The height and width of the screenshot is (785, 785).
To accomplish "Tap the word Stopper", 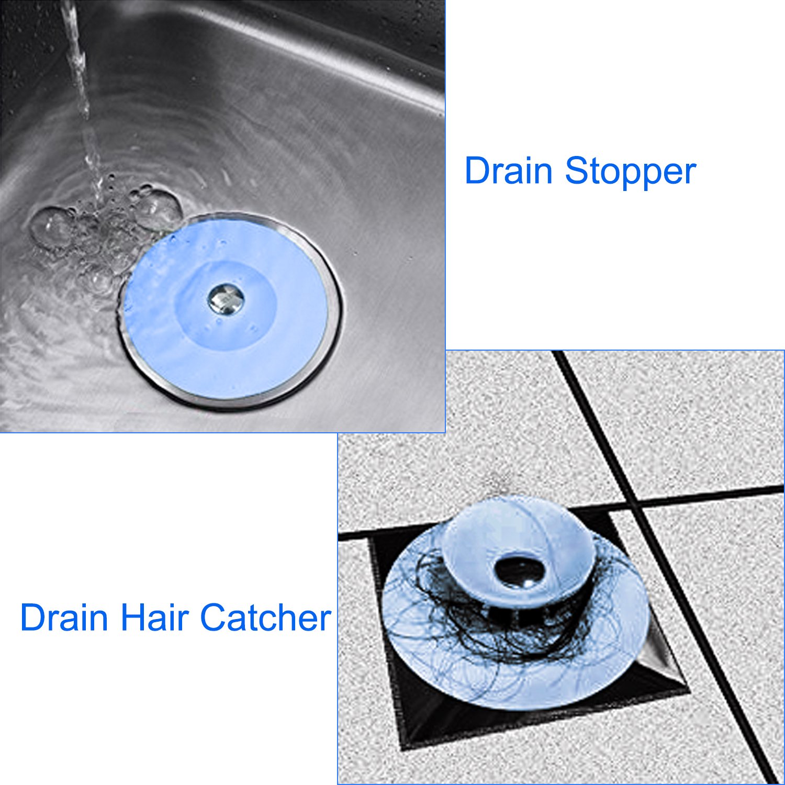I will pyautogui.click(x=631, y=172).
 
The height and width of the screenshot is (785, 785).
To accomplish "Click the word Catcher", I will pyautogui.click(x=265, y=618).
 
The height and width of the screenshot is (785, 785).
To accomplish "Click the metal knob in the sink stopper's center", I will pyautogui.click(x=226, y=299).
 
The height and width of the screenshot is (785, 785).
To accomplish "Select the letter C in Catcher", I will pyautogui.click(x=214, y=618).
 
